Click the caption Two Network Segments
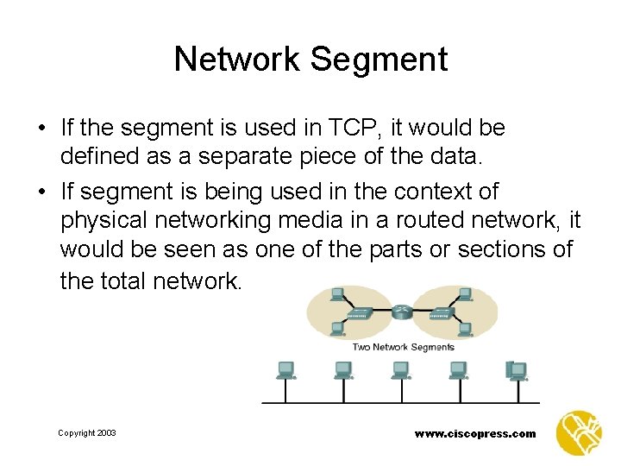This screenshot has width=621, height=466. pos(403,347)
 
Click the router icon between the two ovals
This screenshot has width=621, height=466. pos(403,312)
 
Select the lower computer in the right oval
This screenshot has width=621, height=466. pos(466,329)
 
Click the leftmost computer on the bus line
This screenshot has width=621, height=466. pos(285,371)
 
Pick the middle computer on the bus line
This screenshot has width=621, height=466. pos(400,371)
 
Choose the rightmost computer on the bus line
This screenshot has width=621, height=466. pos(517,371)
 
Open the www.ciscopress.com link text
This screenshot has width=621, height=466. pos(474,434)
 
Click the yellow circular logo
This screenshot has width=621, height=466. pos(580,431)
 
